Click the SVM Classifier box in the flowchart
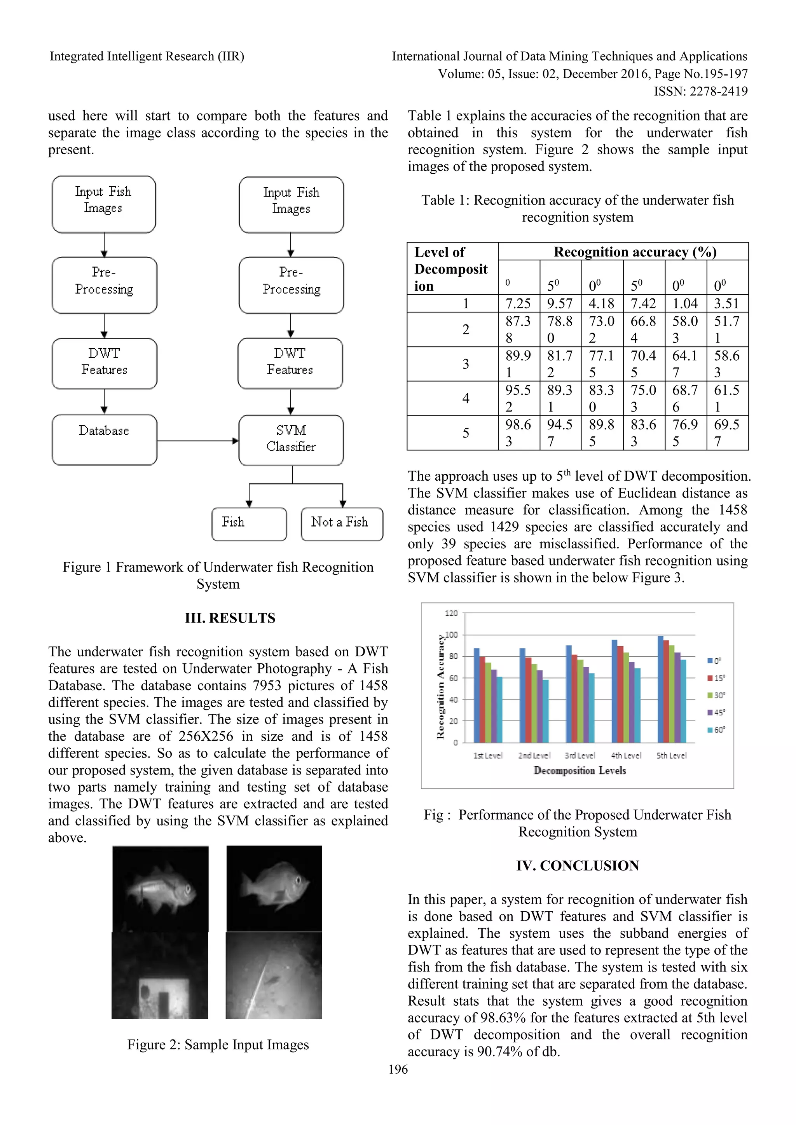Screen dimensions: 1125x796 pos(291,440)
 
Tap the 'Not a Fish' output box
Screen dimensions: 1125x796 pos(342,523)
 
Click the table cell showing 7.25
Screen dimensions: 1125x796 pos(518,303)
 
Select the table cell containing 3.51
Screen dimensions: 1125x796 pos(726,303)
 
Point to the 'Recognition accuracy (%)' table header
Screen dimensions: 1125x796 pos(635,252)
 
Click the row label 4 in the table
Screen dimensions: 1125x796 pos(465,398)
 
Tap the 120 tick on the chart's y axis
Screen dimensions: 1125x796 pos(451,613)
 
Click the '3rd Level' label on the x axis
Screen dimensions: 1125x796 pos(580,755)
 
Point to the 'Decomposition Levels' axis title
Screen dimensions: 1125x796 pos(580,771)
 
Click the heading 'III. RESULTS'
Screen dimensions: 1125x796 pos(230,618)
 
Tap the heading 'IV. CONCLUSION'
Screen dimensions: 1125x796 pos(578,865)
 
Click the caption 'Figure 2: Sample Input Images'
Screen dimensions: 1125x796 pos(218,1044)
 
